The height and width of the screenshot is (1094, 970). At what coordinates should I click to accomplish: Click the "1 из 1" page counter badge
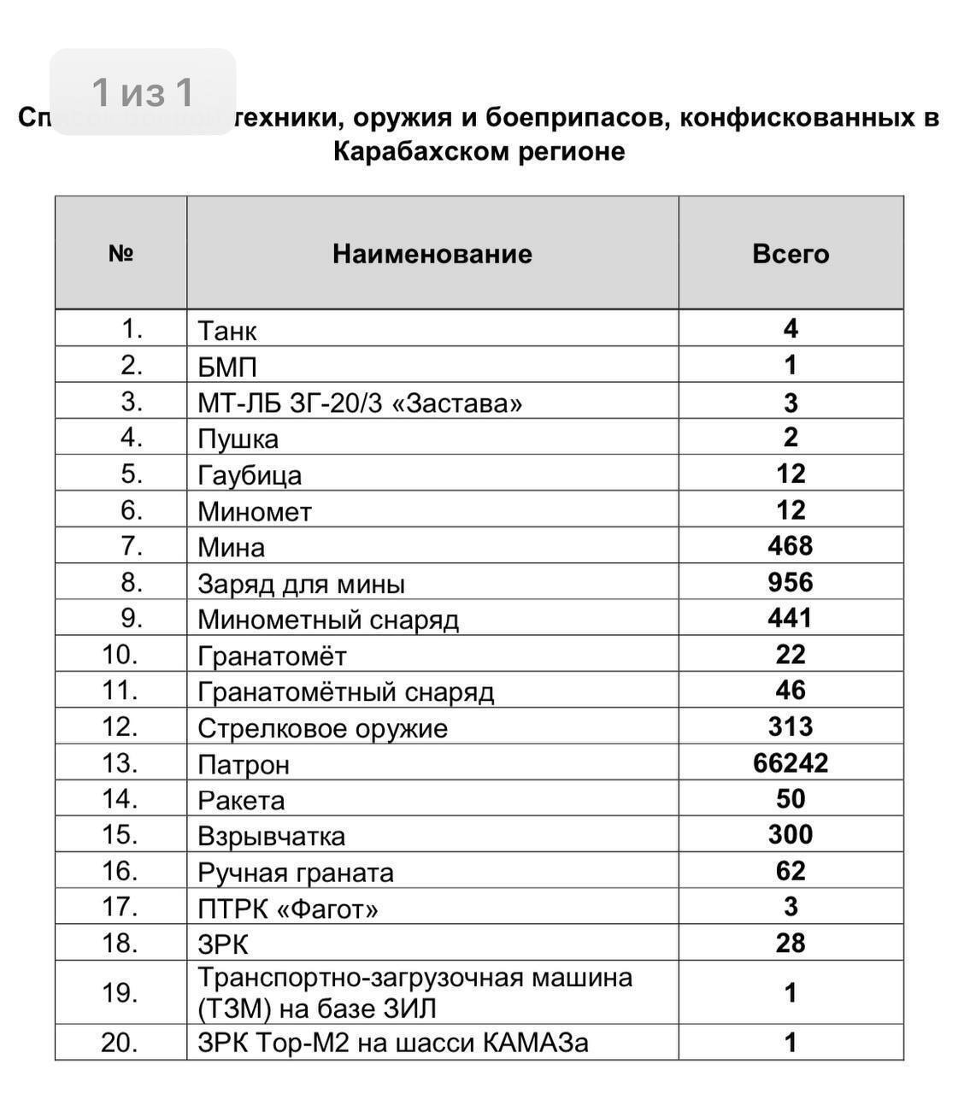pyautogui.click(x=143, y=92)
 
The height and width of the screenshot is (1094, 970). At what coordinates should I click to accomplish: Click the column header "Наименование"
pyautogui.click(x=432, y=254)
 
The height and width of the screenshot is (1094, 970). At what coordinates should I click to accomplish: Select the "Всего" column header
pyautogui.click(x=791, y=254)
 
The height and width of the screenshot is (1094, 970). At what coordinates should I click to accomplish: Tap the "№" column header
pyautogui.click(x=121, y=254)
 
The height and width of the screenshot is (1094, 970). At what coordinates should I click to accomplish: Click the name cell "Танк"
pyautogui.click(x=227, y=331)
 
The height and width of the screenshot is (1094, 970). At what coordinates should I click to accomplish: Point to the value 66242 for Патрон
pyautogui.click(x=791, y=762)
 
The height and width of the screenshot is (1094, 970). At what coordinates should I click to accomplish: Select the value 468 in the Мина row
pyautogui.click(x=791, y=545)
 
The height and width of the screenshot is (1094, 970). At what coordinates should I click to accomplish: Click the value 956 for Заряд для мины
pyautogui.click(x=791, y=582)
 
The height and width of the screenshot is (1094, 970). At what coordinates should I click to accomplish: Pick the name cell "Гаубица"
pyautogui.click(x=250, y=475)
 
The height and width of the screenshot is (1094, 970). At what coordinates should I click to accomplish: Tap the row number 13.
pyautogui.click(x=121, y=762)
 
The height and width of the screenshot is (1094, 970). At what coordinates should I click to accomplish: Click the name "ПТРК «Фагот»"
pyautogui.click(x=288, y=908)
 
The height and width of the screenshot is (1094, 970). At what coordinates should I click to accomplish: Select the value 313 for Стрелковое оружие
pyautogui.click(x=791, y=726)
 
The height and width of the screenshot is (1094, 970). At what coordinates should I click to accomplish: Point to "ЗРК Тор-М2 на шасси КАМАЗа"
pyautogui.click(x=393, y=1043)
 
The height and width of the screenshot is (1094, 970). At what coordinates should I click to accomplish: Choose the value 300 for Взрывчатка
pyautogui.click(x=791, y=834)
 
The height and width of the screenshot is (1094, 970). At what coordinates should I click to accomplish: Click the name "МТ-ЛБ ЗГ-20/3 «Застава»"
pyautogui.click(x=360, y=403)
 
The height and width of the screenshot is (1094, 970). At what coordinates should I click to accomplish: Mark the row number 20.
pyautogui.click(x=121, y=1043)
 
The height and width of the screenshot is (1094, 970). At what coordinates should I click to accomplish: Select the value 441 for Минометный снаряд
pyautogui.click(x=791, y=618)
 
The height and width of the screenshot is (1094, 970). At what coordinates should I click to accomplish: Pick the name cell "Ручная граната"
pyautogui.click(x=296, y=872)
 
